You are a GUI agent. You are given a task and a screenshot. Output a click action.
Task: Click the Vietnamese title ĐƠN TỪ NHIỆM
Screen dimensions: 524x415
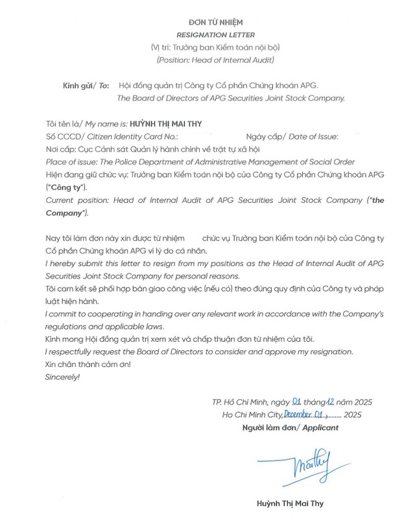coord(207,23)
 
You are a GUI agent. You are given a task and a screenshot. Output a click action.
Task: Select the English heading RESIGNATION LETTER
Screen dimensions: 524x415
coord(207,34)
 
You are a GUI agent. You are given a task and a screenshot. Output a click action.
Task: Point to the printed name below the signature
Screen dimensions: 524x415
coord(290,503)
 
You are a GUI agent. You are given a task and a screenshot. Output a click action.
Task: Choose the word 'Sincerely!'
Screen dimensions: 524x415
coord(62,376)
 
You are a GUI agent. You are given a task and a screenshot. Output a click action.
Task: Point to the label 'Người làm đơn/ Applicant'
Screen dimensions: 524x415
coord(290,428)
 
